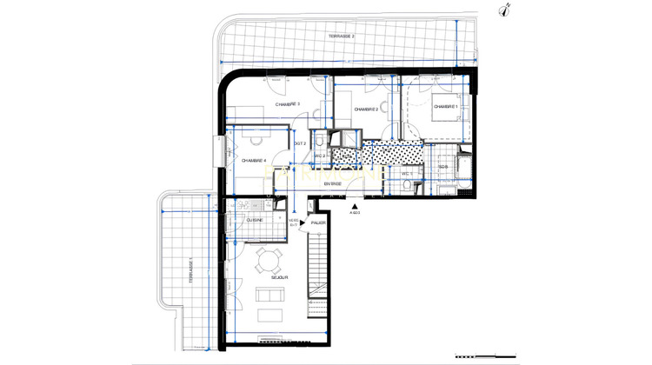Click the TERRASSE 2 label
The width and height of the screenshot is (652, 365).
pyautogui.click(x=343, y=36)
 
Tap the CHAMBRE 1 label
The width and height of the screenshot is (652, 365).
pyautogui.click(x=444, y=106)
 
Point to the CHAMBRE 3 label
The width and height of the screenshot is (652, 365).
pyautogui.click(x=287, y=104)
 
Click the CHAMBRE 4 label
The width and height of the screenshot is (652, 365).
pyautogui.click(x=253, y=160)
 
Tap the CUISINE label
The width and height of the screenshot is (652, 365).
pyautogui.click(x=255, y=221)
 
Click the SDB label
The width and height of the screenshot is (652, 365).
pyautogui.click(x=442, y=166)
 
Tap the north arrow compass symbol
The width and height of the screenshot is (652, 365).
pyautogui.click(x=505, y=10)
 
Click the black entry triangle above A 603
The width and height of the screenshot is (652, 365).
pyautogui.click(x=355, y=206)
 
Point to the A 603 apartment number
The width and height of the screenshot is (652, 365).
pyautogui.click(x=355, y=213)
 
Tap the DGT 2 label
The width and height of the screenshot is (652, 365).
pyautogui.click(x=299, y=143)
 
